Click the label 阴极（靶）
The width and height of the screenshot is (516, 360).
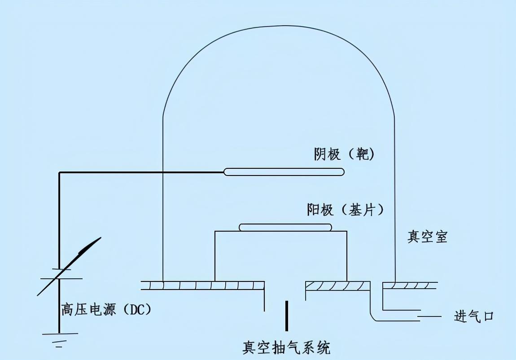pyautogui.click(x=344, y=155)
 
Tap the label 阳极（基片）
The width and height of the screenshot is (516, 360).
pyautogui.click(x=347, y=210)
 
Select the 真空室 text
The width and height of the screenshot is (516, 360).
pyautogui.click(x=427, y=237)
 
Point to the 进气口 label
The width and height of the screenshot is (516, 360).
pyautogui.click(x=474, y=316)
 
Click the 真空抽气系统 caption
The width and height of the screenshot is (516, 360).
pyautogui.click(x=286, y=347)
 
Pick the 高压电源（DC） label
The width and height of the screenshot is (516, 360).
pyautogui.click(x=106, y=310)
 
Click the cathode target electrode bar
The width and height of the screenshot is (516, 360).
pyautogui.click(x=284, y=171)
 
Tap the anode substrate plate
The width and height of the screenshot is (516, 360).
pyautogui.click(x=285, y=227)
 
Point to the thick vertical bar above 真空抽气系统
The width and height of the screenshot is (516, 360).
pyautogui.click(x=287, y=316)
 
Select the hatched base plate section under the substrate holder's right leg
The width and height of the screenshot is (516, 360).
pyautogui.click(x=337, y=285)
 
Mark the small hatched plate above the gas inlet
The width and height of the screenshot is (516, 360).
pyautogui.click(x=409, y=285)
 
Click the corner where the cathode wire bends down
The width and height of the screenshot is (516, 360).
pyautogui.click(x=60, y=172)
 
